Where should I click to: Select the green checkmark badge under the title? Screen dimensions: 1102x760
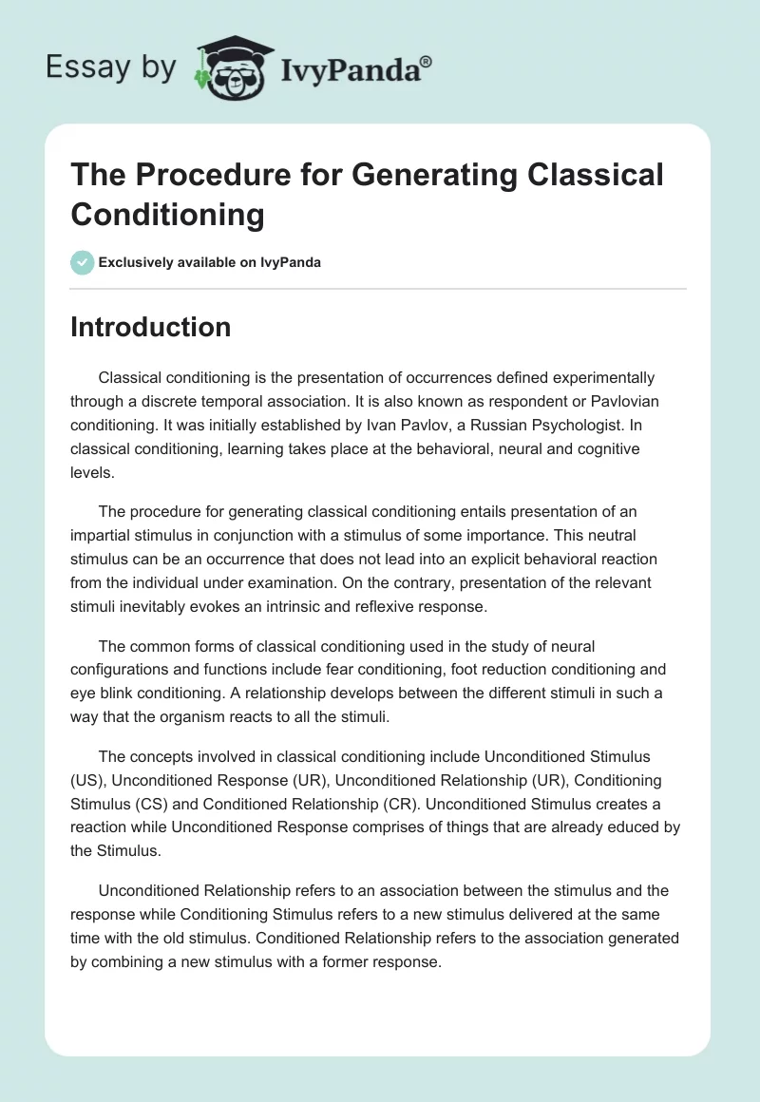coord(83,263)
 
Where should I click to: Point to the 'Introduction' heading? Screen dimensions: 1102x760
coord(151,327)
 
